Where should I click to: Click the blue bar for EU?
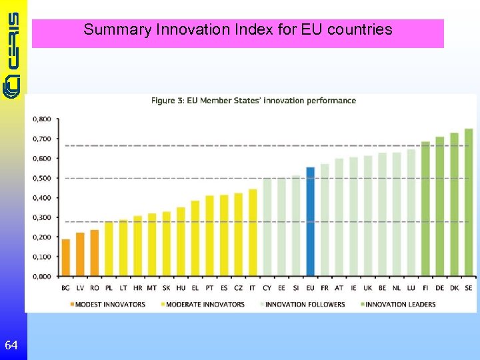[310, 221]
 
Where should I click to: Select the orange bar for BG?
[65, 257]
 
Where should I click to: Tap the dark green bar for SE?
[468, 203]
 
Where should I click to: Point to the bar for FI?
[425, 209]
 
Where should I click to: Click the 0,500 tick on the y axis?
[41, 178]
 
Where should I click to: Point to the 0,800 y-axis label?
[41, 119]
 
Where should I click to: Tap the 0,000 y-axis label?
[41, 276]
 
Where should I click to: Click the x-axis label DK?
[454, 287]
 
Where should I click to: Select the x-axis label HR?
[137, 287]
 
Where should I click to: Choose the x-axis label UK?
[367, 287]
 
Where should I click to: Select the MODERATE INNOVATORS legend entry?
[203, 305]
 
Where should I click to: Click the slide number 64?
[11, 345]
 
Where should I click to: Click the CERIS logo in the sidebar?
[13, 53]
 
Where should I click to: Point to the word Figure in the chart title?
[163, 101]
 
